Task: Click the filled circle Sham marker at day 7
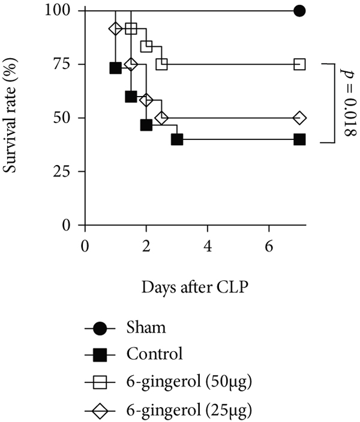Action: pos(299,11)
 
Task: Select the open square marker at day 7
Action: pos(299,64)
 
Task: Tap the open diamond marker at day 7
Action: pos(299,118)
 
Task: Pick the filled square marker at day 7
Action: pos(299,139)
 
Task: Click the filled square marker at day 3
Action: pos(177,139)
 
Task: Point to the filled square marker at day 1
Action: pos(116,67)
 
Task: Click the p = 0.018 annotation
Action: pos(349,103)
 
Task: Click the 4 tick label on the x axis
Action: pos(208,246)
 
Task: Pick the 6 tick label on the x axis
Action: pos(269,246)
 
